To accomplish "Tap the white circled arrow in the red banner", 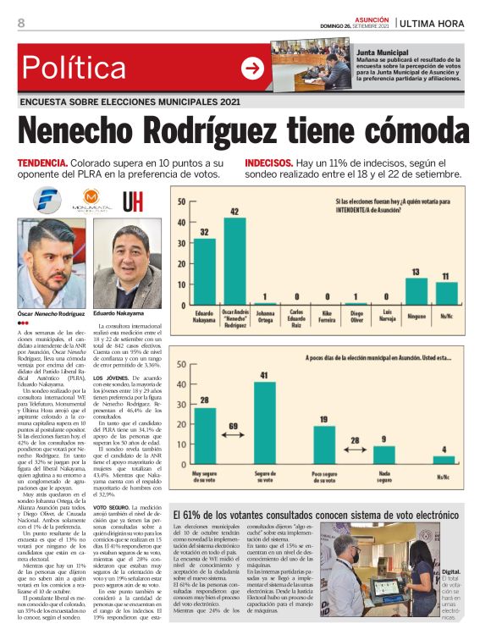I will (252, 68).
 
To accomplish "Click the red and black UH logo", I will (133, 201).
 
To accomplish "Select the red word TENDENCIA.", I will (43, 162).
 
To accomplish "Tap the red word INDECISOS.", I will (269, 162).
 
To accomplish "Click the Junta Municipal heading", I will (382, 52).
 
